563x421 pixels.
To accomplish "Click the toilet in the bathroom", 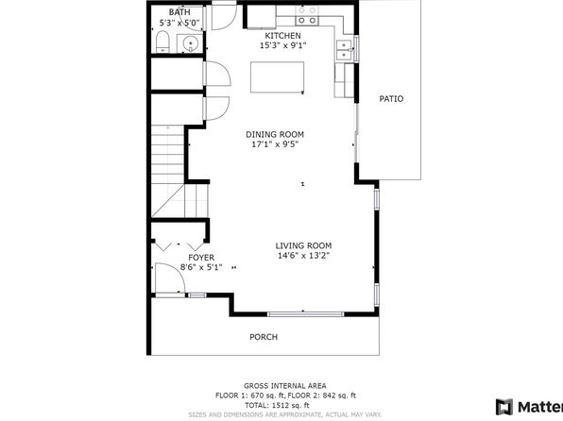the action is tap(162, 42).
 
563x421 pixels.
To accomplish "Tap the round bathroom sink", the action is tap(190, 44).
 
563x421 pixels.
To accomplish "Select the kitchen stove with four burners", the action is tap(307, 15).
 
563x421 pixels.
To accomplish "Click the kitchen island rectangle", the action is tap(277, 77).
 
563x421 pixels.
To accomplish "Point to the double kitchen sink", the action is tap(344, 50).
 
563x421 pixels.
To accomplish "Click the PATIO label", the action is tap(391, 99).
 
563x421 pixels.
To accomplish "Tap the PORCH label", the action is tap(264, 337).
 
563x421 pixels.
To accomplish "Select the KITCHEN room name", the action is tap(283, 36).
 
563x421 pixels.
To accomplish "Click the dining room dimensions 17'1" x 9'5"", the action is tap(275, 144).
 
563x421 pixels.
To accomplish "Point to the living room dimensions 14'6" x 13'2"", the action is tap(304, 256).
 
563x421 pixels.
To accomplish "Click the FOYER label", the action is tap(201, 258).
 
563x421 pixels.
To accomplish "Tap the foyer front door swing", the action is tap(170, 278).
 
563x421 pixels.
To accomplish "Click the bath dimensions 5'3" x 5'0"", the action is tap(179, 23).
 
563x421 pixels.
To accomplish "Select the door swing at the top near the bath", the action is tap(224, 15).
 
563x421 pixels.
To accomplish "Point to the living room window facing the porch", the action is tap(305, 314).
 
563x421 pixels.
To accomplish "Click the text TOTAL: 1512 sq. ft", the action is tap(277, 405).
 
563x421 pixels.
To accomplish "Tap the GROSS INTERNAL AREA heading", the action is tap(285, 386).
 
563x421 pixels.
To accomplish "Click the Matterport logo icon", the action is tap(504, 408).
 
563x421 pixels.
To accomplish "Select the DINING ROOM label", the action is tap(275, 135).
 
